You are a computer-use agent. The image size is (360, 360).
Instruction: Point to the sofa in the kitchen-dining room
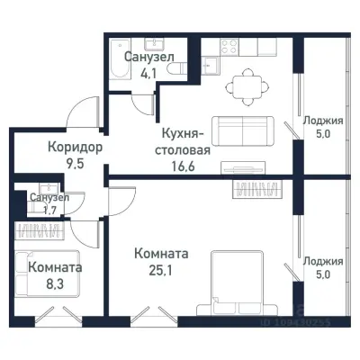[x=240, y=130]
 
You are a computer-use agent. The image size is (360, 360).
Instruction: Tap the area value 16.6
[x=181, y=165]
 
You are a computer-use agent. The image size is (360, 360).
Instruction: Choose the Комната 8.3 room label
[x=55, y=267]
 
